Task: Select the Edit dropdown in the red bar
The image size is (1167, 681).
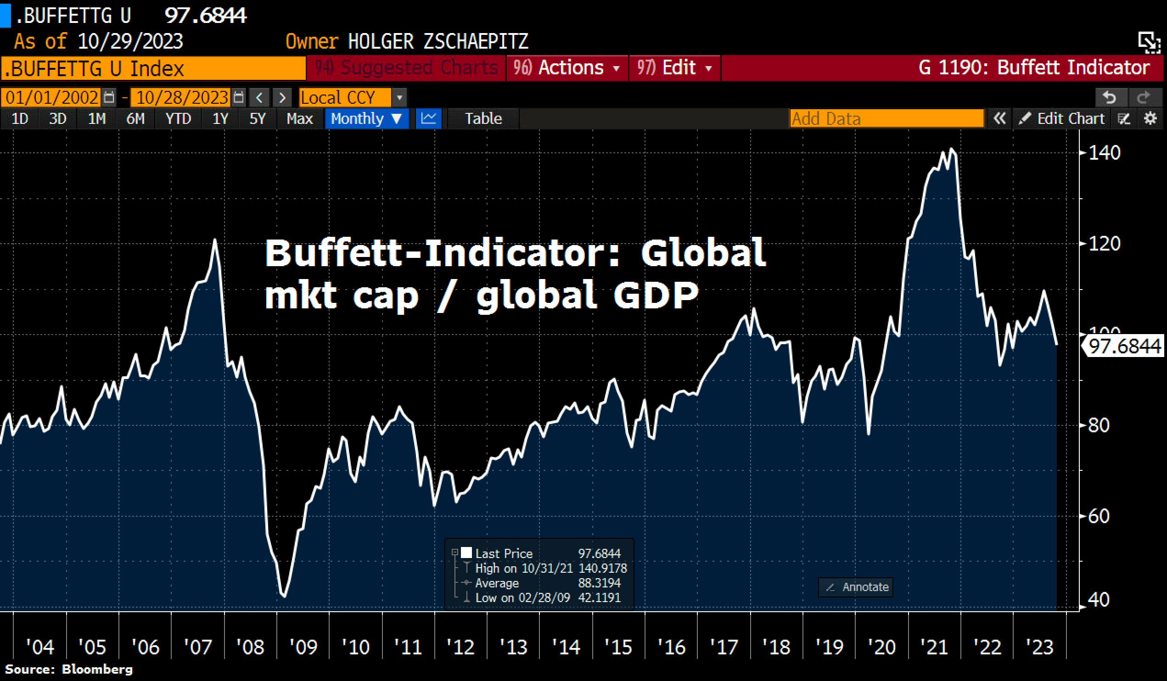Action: pos(674,68)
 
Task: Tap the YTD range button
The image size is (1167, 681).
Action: pos(178,119)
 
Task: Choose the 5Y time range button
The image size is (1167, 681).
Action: pos(258,119)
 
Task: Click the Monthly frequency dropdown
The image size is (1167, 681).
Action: pos(366,119)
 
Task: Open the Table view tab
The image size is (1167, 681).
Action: pos(483,119)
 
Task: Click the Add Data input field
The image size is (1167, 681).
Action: pos(886,119)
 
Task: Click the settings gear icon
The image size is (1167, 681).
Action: pos(1150,119)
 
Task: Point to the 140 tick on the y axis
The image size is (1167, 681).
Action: pos(1104,153)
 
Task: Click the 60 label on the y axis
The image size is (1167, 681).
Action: pos(1099,516)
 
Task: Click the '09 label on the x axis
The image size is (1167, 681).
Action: pos(303,647)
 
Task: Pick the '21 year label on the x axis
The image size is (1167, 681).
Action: pos(934,647)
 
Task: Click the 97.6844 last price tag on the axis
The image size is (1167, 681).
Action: pos(1124,346)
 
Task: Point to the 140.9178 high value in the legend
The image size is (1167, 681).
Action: pos(602,568)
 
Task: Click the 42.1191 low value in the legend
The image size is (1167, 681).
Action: pos(599,597)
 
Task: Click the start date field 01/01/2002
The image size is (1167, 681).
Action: pos(52,98)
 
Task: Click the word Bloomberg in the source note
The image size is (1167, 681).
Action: pos(97,670)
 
